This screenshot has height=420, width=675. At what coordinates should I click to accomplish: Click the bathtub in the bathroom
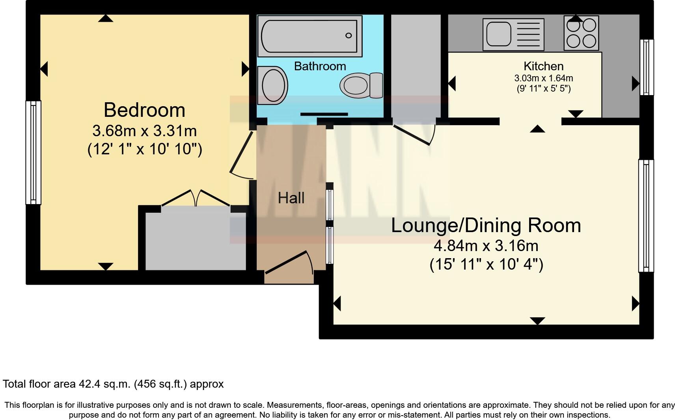coord(310,36)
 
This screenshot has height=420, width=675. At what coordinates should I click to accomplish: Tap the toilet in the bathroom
coord(361,85)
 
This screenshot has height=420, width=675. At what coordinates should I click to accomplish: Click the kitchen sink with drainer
coord(513,34)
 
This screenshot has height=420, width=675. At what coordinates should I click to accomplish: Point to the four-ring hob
coord(581,33)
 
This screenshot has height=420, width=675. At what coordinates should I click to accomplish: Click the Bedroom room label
coord(144,110)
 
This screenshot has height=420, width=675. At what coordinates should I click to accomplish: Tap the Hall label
coord(291,198)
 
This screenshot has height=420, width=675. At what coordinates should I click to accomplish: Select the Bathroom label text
coord(320,66)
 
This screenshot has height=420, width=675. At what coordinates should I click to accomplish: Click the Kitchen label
coord(543,66)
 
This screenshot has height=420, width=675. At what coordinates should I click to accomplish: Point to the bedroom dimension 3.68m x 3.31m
coord(144,131)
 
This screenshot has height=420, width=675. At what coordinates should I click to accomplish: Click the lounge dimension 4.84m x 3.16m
coord(486,246)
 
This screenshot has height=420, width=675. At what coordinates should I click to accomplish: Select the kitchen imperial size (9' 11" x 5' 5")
coord(543,88)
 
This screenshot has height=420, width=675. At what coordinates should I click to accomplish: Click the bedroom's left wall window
coord(34,152)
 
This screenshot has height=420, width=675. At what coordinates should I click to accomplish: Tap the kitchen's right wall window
coord(646,67)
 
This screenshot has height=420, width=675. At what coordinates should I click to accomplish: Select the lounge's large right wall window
coord(646,216)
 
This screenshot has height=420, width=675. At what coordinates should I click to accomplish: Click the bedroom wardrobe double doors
coord(196,197)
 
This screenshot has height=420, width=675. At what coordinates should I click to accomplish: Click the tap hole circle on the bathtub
coord(348,36)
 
